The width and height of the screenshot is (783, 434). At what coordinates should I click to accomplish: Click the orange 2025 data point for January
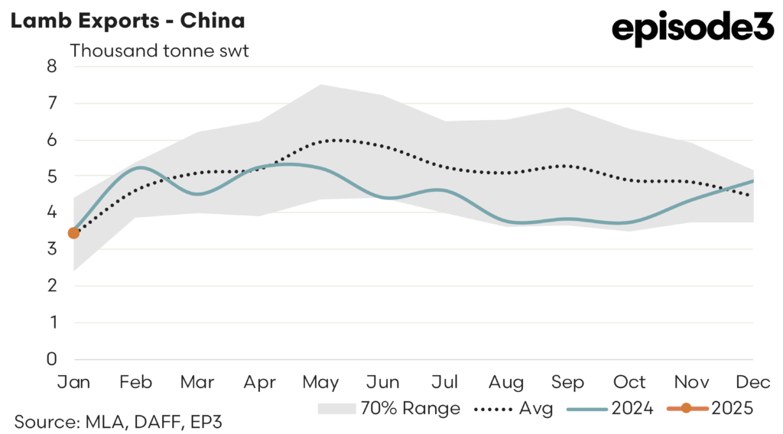coord(73,233)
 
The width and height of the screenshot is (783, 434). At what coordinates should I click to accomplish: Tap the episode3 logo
coord(693,29)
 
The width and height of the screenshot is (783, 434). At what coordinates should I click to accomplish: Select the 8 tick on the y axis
coord(51,66)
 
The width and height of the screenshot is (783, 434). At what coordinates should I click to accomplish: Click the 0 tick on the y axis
coord(51,359)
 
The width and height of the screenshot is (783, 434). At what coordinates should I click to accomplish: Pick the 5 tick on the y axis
coord(51,176)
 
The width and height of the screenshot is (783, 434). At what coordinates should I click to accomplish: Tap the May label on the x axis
coord(321,381)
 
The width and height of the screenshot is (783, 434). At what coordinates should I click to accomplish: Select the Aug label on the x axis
coord(507,381)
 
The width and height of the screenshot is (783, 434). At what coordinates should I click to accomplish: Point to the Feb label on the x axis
coord(135,381)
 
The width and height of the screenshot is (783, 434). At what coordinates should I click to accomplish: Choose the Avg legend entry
coord(513,409)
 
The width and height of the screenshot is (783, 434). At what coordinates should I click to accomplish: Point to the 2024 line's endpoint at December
coord(753,181)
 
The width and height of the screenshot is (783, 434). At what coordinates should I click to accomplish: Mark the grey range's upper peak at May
coord(321,85)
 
